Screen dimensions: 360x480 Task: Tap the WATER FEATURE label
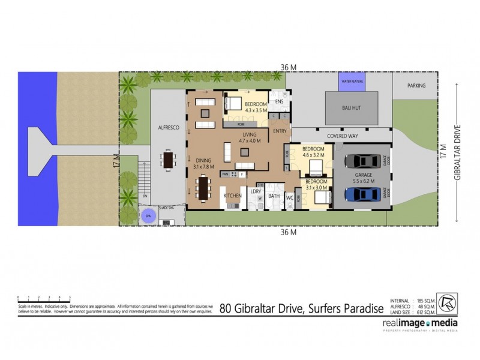click(352, 80)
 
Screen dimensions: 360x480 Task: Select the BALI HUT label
click(353, 107)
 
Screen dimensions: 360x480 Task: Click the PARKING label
click(416, 86)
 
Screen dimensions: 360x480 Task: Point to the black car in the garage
click(359, 162)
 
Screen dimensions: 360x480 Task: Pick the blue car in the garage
click(359, 194)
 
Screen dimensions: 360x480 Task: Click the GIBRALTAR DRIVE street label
click(457, 152)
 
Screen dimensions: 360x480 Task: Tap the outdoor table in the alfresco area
click(168, 160)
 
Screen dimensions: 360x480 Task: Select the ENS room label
click(278, 102)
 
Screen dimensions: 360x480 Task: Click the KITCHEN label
click(232, 196)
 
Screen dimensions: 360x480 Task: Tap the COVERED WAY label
click(343, 136)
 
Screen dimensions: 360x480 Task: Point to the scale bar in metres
click(44, 298)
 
